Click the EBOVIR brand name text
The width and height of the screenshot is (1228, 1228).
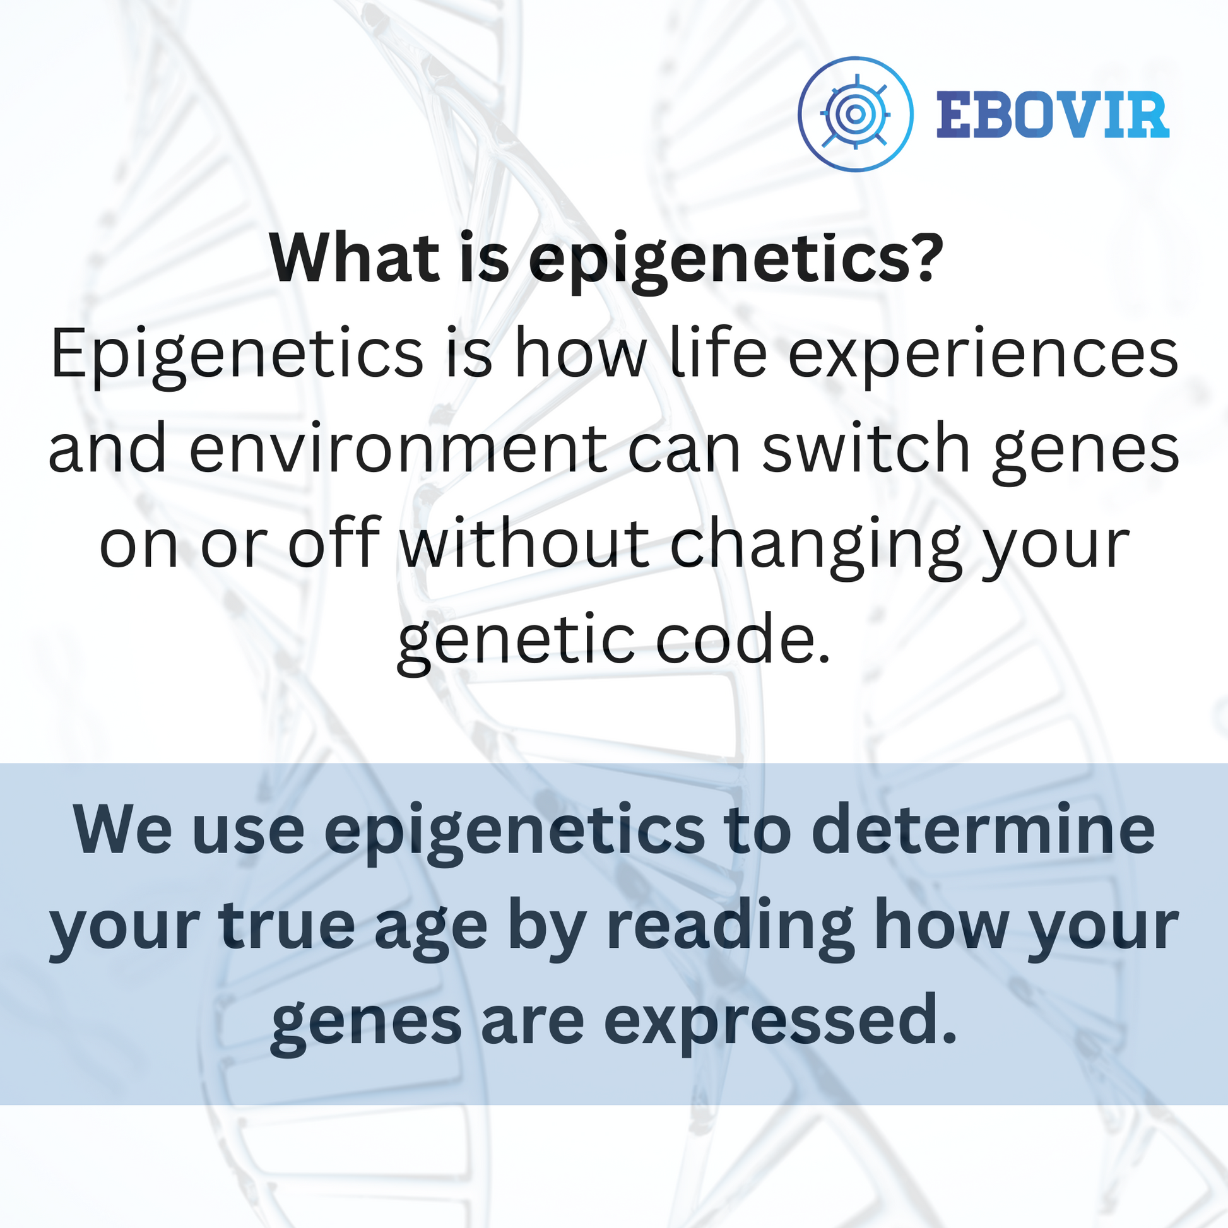pos(1053,114)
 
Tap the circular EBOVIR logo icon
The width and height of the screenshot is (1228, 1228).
pos(856,114)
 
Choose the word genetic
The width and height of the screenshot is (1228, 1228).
pos(515,641)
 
